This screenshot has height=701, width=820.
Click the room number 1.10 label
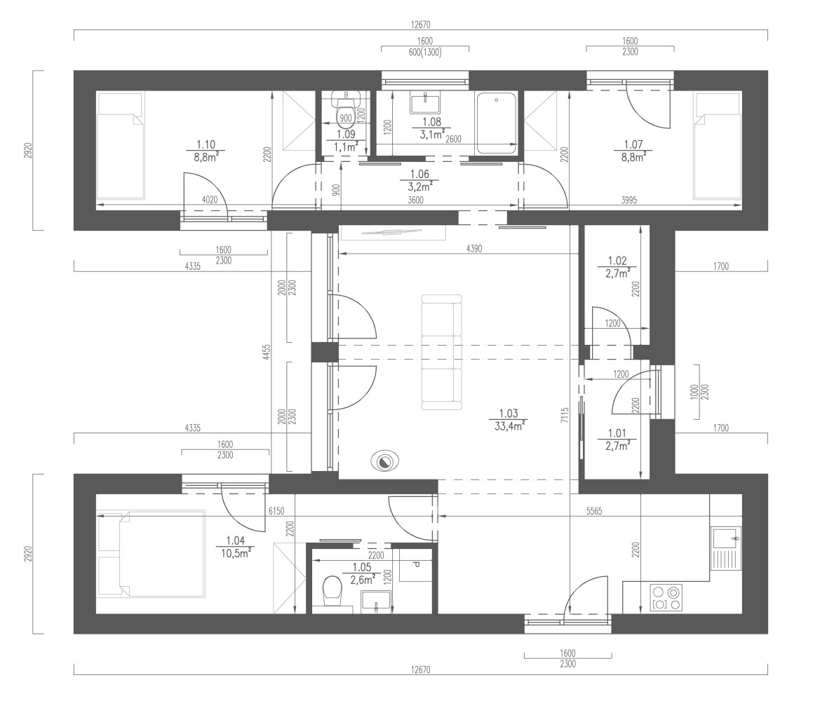coord(206,144)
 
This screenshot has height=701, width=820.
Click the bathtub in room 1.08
coord(497,123)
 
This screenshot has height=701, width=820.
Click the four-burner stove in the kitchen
coord(666,598)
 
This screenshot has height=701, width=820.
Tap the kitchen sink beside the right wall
coord(726,548)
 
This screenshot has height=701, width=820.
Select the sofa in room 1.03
coord(442,353)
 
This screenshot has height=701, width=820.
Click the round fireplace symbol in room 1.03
coord(385,461)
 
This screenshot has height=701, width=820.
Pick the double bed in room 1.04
coord(150,554)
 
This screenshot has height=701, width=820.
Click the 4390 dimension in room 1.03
coord(473,249)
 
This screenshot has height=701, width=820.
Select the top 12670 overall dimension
coord(420,24)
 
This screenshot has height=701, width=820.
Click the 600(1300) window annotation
coord(424,52)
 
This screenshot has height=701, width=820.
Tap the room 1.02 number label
coord(617,260)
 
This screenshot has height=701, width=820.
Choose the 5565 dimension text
coord(593,511)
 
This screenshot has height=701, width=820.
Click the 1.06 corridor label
coord(419,174)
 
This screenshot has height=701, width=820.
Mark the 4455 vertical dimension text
coord(267,352)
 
